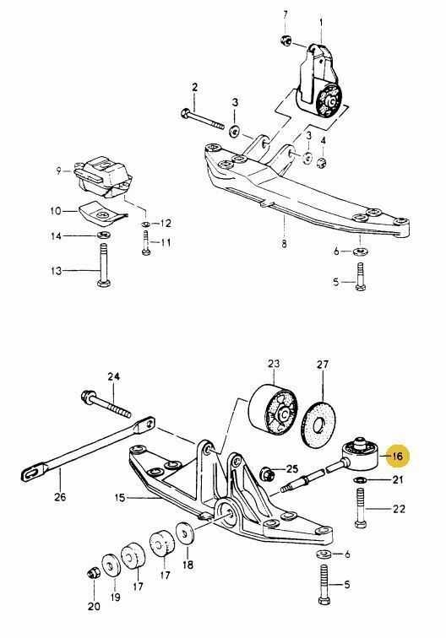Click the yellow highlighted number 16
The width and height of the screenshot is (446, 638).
pos(398,457)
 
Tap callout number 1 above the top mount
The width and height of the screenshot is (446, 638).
pos(320,20)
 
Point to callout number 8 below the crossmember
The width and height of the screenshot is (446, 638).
pos(284,244)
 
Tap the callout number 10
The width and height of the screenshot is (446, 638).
pos(57,210)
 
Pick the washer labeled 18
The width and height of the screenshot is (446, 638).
pos(184,535)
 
